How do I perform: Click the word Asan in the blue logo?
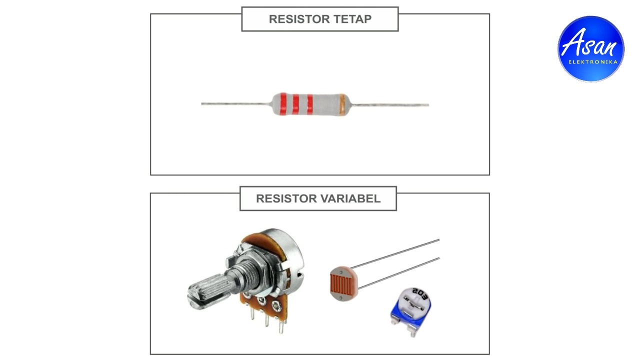click(x=590, y=44)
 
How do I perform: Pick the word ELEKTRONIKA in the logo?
click(x=592, y=62)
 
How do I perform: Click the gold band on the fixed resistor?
click(x=342, y=104)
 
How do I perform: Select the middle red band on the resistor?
click(x=296, y=104)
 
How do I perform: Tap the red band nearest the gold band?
click(x=310, y=104)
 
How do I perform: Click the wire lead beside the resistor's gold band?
click(x=390, y=105)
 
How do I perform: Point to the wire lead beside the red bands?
click(x=235, y=103)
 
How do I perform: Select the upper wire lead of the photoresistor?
click(x=400, y=253)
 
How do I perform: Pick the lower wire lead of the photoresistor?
click(x=400, y=273)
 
